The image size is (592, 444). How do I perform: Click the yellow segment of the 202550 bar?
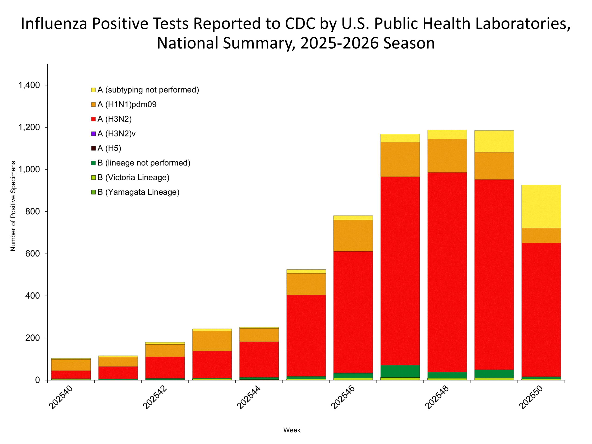541,206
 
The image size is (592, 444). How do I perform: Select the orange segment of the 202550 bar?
541,235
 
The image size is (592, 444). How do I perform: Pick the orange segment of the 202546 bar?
353,235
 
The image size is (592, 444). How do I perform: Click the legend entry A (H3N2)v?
116,134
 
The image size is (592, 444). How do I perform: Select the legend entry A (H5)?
109,148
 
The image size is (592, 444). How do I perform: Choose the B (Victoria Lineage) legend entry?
133,177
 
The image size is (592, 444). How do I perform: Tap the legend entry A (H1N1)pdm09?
127,104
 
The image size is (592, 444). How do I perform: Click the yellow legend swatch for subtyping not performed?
93,90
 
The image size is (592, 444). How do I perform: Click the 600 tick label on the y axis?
32,253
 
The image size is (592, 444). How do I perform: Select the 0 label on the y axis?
37,380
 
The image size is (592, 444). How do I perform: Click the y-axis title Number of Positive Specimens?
13,206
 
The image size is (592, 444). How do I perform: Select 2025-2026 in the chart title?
339,43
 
